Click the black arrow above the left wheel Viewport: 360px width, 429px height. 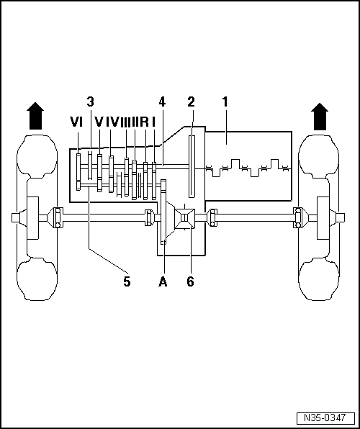pyautogui.click(x=34, y=116)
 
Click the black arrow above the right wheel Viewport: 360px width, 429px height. pyautogui.click(x=320, y=116)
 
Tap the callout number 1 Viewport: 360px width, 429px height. pyautogui.click(x=225, y=102)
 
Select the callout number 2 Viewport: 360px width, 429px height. pyautogui.click(x=192, y=102)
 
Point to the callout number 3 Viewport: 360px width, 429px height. pyautogui.click(x=91, y=102)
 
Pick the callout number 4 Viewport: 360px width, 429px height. pyautogui.click(x=162, y=102)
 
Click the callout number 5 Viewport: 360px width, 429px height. pyautogui.click(x=127, y=282)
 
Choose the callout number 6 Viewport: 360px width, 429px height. pyautogui.click(x=190, y=282)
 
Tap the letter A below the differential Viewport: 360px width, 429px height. pyautogui.click(x=163, y=282)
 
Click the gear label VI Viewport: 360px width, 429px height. pyautogui.click(x=77, y=122)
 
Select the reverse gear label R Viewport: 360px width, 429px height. pyautogui.click(x=144, y=122)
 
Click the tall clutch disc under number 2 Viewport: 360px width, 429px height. pyautogui.click(x=192, y=166)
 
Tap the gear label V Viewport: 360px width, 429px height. pyautogui.click(x=99, y=122)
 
